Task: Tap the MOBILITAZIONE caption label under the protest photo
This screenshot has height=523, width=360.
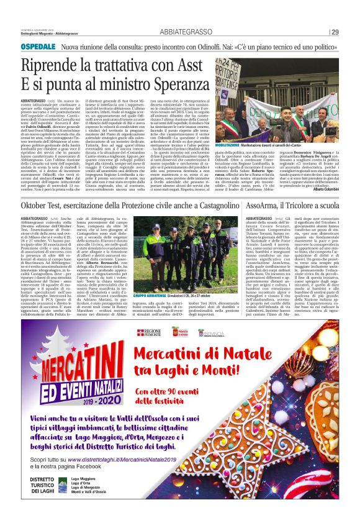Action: coord(228,145)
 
